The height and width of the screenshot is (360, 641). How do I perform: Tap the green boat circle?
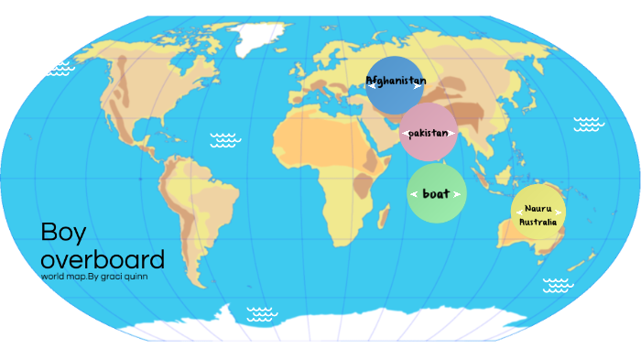coord(437,193)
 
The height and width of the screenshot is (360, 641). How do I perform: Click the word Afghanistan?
coord(396,81)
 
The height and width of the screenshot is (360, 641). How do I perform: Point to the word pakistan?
coord(429,134)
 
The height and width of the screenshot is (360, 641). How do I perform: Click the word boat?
coord(436,193)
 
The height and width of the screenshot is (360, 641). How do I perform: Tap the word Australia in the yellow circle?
coord(538,222)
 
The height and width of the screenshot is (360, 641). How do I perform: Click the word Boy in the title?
coord(63,233)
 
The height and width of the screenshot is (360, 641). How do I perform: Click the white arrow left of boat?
coord(414,194)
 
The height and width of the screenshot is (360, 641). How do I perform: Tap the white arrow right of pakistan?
coord(452,135)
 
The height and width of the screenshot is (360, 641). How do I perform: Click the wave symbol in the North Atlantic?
coord(225,139)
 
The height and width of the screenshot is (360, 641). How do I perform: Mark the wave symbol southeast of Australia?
coord(557,285)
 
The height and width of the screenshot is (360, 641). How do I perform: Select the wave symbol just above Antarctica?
coord(263,313)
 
